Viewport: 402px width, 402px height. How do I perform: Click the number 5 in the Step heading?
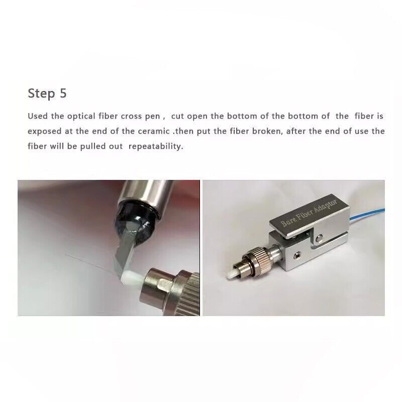coord(63,93)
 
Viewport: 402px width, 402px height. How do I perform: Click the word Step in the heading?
coord(41,93)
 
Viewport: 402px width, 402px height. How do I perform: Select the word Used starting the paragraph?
coord(38,116)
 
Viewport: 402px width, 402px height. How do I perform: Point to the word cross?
coord(131,117)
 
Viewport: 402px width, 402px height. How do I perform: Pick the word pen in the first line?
coord(153,117)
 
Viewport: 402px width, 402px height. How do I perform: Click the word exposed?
coord(45,132)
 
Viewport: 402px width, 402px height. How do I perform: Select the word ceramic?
coord(154,132)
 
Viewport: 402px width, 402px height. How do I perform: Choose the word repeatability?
coord(156,147)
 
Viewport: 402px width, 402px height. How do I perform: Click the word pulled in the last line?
coord(91,147)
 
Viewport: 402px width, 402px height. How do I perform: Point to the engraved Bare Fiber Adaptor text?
coord(309,213)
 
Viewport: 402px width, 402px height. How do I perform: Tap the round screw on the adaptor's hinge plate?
coord(319,238)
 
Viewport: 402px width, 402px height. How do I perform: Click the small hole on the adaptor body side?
coord(297,255)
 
